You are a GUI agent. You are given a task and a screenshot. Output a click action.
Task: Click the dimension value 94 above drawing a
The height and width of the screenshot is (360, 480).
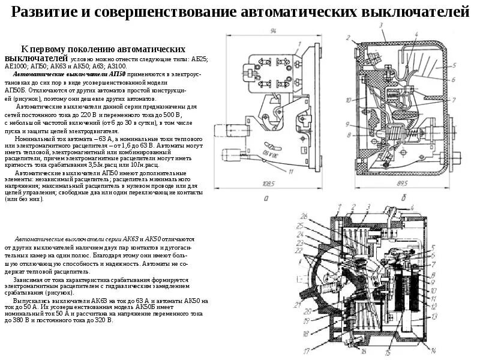point(272,31)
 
